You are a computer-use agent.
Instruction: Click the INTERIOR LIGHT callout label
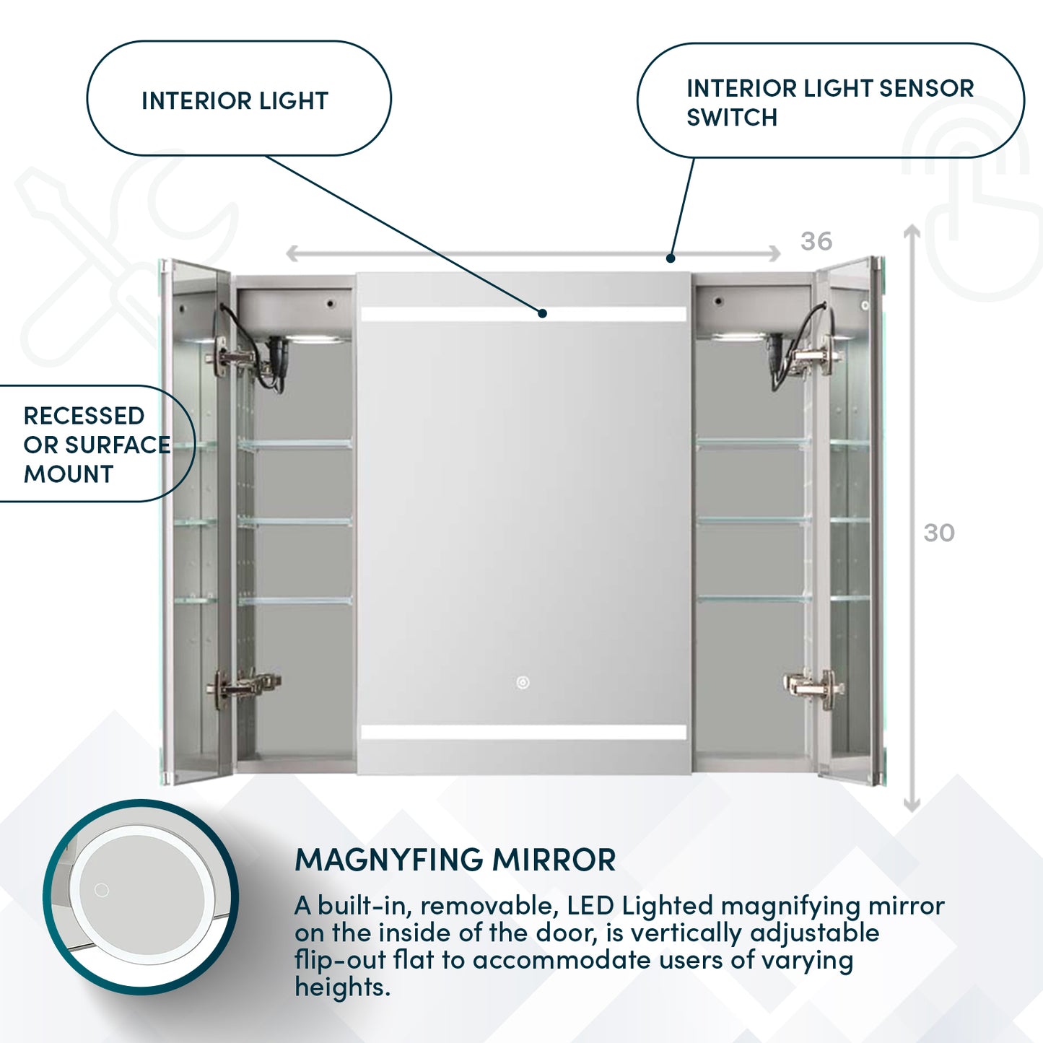click(235, 101)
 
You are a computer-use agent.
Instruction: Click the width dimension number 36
click(816, 241)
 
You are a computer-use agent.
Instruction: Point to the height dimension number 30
click(939, 533)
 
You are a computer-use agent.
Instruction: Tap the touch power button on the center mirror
click(523, 682)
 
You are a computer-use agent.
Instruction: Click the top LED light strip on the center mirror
click(523, 314)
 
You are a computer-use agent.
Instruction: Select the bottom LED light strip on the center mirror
click(523, 733)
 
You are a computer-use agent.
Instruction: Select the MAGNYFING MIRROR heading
click(455, 860)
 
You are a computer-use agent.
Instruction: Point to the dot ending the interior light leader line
click(542, 313)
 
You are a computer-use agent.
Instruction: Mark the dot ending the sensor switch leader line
click(671, 258)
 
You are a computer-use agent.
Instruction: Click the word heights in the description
click(341, 987)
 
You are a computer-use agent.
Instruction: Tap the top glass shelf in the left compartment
click(294, 445)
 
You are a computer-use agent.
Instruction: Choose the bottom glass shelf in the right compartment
click(752, 598)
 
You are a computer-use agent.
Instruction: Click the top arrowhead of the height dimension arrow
click(912, 230)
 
